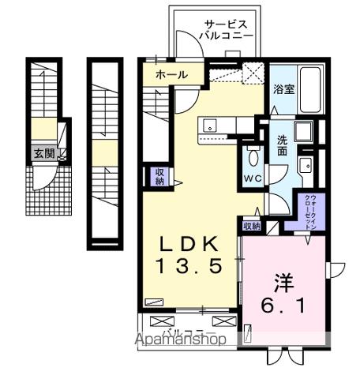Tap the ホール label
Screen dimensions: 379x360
coord(171,75)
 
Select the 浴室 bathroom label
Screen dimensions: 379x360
coord(284,88)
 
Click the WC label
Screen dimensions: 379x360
coord(253,177)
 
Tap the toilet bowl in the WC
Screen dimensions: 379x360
coord(253,154)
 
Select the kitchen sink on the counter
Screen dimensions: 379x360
coord(212,124)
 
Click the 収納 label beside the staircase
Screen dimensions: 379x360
coord(159,176)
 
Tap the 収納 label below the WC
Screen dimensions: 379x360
coord(251,226)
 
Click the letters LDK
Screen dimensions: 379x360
coord(190,242)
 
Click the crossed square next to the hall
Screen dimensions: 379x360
coord(253,76)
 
